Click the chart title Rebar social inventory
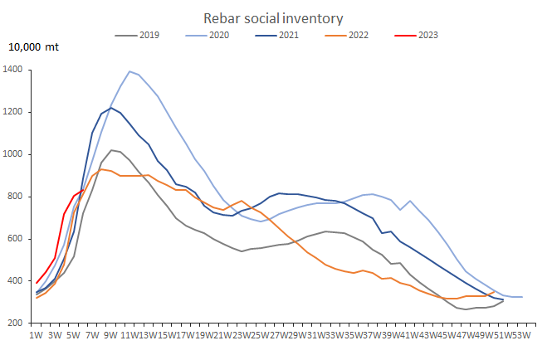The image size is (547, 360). [x=273, y=18]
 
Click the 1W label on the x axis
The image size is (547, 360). [x=36, y=335]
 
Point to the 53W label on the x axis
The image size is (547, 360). [x=520, y=335]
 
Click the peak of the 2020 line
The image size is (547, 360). [x=129, y=71]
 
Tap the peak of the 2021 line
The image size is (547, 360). [x=110, y=108]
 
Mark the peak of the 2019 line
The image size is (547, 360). [x=111, y=150]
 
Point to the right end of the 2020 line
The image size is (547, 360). [x=522, y=297]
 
